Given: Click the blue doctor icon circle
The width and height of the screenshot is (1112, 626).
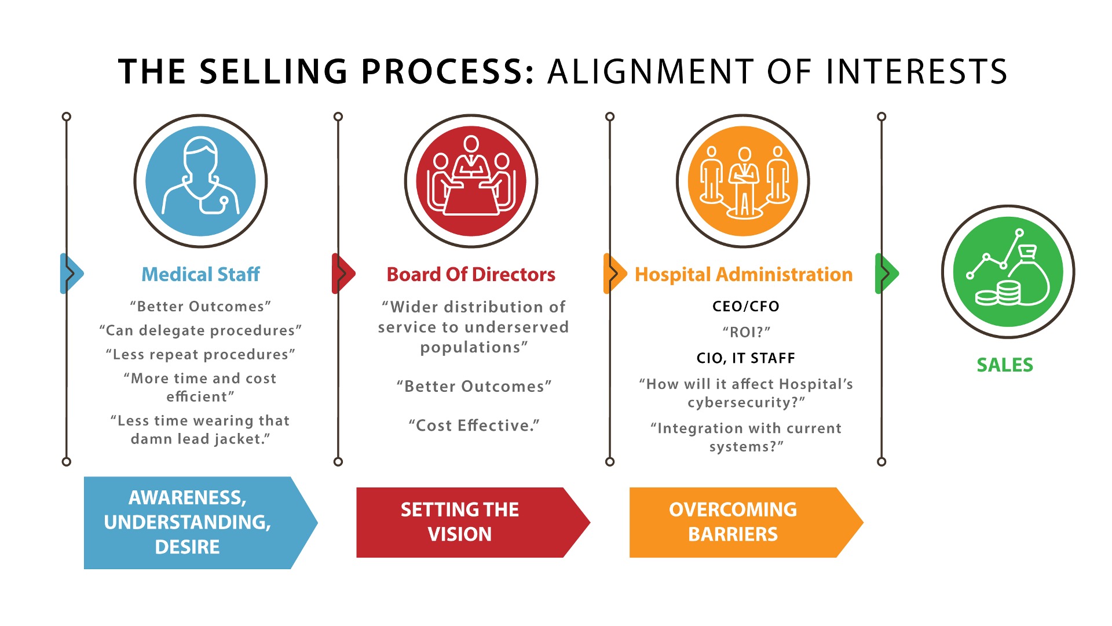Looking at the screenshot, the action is (x=200, y=181).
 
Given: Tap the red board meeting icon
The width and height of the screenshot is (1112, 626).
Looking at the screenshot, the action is (x=471, y=181).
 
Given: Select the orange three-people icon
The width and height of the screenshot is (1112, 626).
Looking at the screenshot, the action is (x=743, y=181).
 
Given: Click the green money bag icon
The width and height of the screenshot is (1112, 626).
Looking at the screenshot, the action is (x=1008, y=271).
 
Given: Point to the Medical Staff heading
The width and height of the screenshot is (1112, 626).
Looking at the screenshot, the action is (x=200, y=274).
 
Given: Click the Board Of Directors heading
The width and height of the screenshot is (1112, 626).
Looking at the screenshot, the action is (x=471, y=274).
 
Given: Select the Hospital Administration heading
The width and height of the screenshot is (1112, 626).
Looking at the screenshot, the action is (x=744, y=274).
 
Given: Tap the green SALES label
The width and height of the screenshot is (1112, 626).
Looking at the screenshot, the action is (x=1005, y=365).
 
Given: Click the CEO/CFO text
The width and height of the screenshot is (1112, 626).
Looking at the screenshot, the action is (x=746, y=307).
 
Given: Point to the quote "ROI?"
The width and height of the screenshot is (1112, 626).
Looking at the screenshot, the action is (x=746, y=332).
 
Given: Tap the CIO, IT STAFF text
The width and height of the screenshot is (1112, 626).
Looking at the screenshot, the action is (x=746, y=358).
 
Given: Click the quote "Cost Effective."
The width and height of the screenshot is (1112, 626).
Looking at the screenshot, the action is (x=474, y=425).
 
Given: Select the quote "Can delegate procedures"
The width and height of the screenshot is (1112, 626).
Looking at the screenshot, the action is (x=200, y=330).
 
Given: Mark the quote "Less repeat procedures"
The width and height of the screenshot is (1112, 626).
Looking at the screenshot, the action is (x=200, y=354).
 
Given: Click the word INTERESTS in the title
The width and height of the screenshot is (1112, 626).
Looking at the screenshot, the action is (x=917, y=71).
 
